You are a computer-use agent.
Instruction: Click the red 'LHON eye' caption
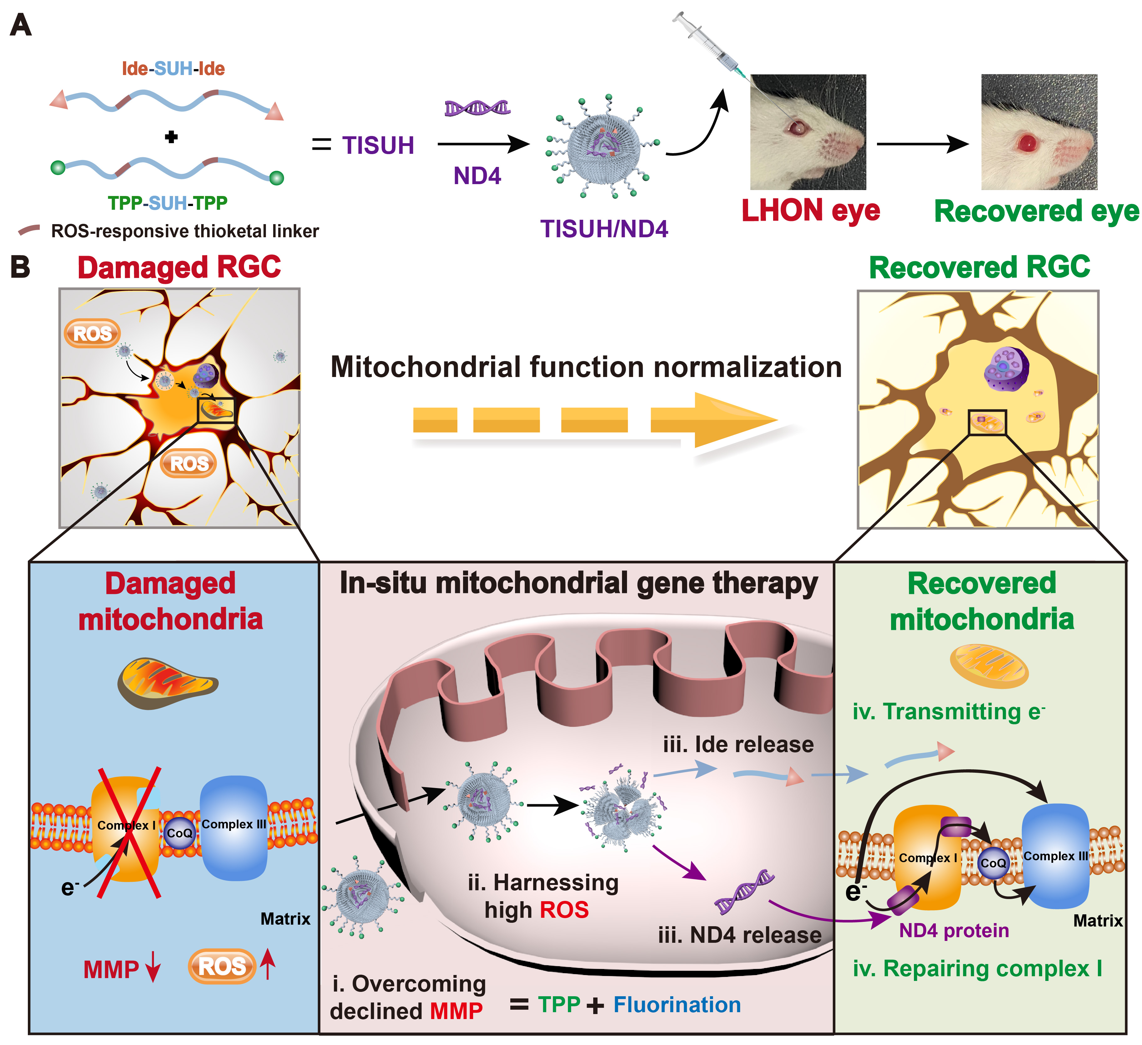[810, 211]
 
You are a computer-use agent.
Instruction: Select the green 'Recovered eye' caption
[1036, 212]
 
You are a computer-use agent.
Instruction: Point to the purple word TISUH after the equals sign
[378, 145]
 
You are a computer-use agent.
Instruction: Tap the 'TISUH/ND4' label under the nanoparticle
[604, 229]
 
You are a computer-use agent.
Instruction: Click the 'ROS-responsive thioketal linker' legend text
[185, 231]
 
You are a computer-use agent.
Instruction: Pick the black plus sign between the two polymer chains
[171, 136]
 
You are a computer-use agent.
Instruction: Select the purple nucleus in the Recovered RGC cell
[1006, 368]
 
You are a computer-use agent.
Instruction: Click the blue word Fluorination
[677, 1005]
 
